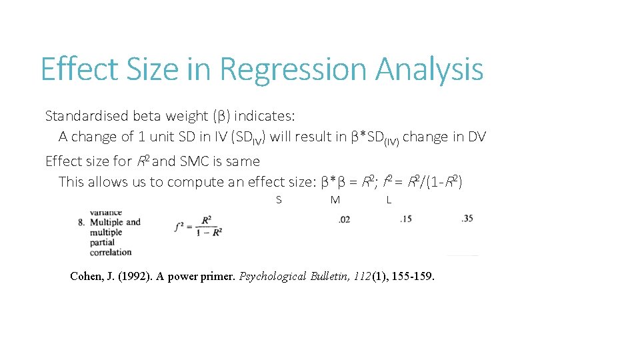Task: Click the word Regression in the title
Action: [x=294, y=69]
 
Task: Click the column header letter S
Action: [x=279, y=200]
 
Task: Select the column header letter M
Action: [x=335, y=200]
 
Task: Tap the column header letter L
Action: [x=389, y=200]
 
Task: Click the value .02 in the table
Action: [x=344, y=219]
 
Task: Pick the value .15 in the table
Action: [x=406, y=219]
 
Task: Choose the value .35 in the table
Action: [x=467, y=218]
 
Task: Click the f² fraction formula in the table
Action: [x=198, y=226]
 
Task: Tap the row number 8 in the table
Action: [x=81, y=222]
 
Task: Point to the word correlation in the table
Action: [x=110, y=252]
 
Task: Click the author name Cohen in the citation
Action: [x=87, y=277]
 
